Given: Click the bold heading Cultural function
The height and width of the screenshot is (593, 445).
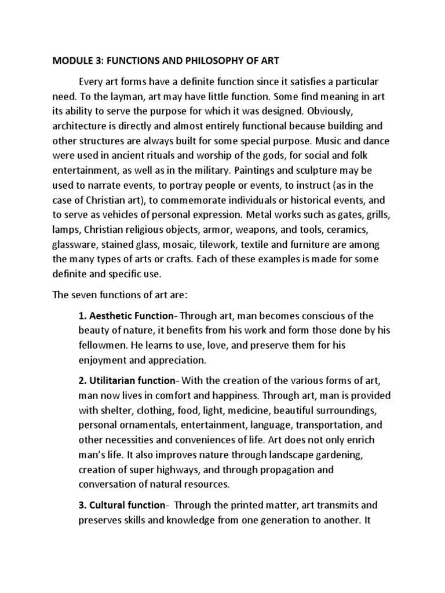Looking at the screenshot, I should point(122,506).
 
